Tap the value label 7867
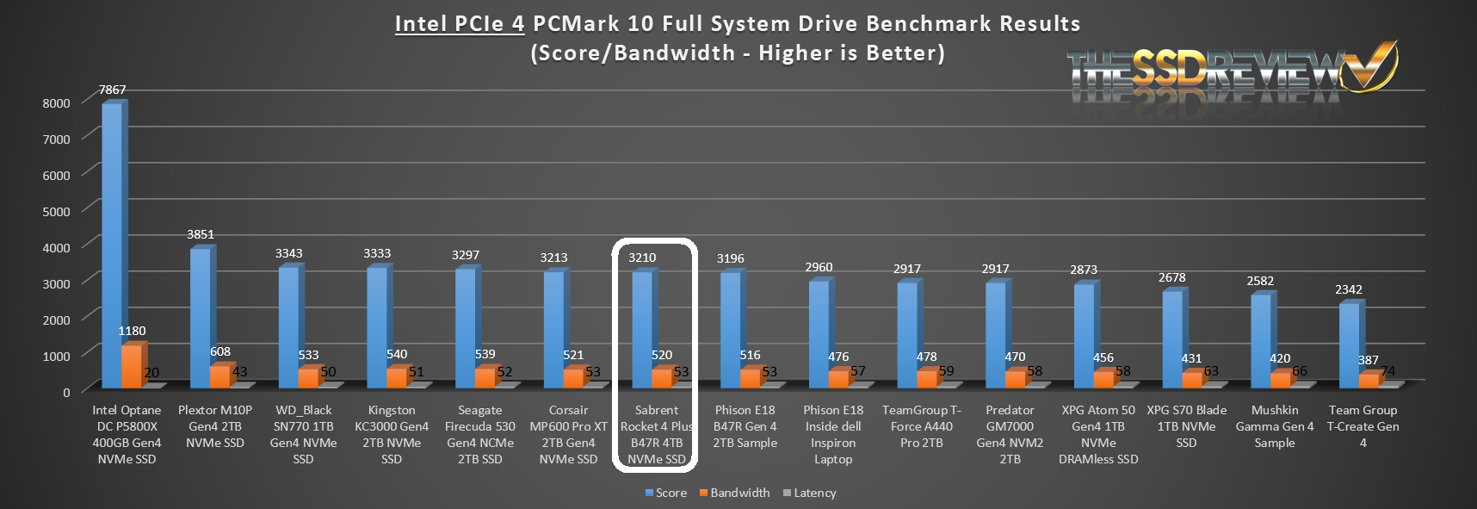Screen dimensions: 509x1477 click(112, 90)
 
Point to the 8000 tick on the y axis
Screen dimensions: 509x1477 click(57, 102)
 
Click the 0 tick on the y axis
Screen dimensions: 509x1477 click(66, 392)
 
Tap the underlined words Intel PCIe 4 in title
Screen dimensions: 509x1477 click(460, 23)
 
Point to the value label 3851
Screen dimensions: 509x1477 click(201, 234)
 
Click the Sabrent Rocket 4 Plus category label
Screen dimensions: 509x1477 click(656, 434)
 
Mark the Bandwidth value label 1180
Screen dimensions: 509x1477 click(132, 331)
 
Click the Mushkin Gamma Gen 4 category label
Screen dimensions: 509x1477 click(1274, 426)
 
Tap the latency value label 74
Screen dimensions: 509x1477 click(1387, 371)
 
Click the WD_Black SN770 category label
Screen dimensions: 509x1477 click(303, 434)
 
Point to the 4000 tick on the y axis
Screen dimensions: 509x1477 click(57, 247)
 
